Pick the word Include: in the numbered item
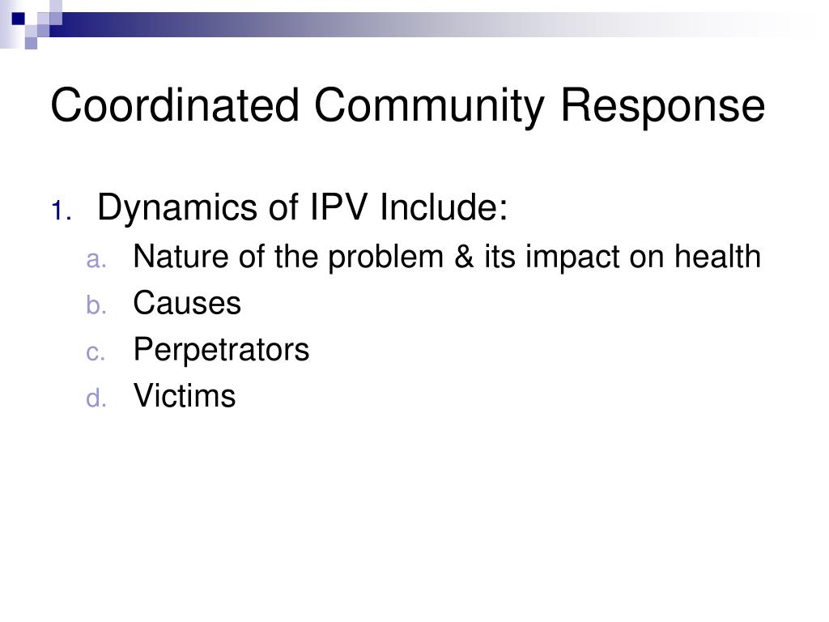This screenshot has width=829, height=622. coord(444,208)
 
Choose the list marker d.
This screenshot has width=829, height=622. coord(96,399)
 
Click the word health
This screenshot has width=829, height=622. coord(717,258)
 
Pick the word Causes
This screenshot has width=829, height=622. coord(187,304)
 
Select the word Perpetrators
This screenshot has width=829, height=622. coord(221,351)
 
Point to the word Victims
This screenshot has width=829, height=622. coord(185,397)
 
